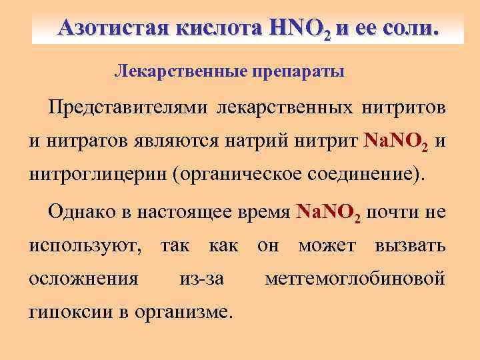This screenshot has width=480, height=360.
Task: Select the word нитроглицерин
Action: click(x=97, y=176)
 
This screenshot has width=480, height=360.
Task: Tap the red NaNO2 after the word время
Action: click(x=329, y=213)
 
